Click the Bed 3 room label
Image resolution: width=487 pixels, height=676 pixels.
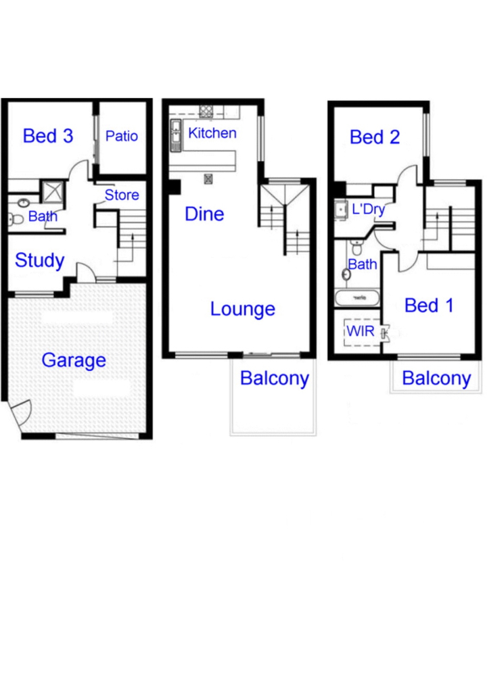[48, 136]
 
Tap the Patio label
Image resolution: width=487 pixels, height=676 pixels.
[122, 136]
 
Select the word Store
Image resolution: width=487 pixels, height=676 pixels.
[122, 195]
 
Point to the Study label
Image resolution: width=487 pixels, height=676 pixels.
[40, 260]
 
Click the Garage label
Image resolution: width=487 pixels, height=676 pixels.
[74, 360]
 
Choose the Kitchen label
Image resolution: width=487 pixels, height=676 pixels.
[212, 132]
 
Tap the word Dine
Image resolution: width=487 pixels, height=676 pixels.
[204, 214]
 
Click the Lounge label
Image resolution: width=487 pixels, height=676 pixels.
[242, 309]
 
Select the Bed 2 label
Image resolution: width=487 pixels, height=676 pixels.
[375, 137]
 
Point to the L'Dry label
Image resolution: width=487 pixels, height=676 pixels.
[368, 209]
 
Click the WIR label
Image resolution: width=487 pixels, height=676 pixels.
[361, 331]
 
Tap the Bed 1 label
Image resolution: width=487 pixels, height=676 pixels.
[429, 306]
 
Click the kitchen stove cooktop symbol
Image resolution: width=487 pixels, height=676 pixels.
[206, 112]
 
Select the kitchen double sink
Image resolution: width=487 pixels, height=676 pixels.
[176, 135]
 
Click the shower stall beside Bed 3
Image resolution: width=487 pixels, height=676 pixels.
[53, 191]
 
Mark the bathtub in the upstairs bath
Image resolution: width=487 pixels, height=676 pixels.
[357, 298]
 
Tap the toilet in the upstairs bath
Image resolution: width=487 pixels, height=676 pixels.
[357, 247]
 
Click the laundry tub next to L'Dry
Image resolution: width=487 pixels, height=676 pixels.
[341, 210]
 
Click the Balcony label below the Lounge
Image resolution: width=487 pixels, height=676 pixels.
[275, 379]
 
